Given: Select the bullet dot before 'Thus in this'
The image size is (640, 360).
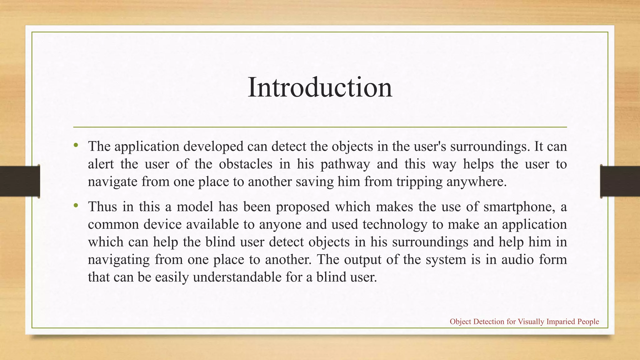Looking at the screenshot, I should tap(76, 205).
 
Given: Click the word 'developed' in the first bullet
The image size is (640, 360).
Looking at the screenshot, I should tap(213, 146).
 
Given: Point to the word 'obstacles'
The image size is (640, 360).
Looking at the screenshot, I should tap(246, 164).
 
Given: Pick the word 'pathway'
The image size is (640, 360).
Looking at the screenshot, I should tap(345, 164).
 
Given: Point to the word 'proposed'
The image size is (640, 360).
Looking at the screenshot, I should tap(303, 207).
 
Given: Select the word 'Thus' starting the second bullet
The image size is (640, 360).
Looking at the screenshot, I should tap(102, 207).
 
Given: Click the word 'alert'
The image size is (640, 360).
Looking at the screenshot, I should tap(101, 164).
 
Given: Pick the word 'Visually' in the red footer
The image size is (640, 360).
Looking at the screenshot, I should tap(531, 322).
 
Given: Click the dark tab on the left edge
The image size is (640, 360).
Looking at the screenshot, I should tap(20, 181).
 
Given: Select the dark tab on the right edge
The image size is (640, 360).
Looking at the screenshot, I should tap(620, 181).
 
